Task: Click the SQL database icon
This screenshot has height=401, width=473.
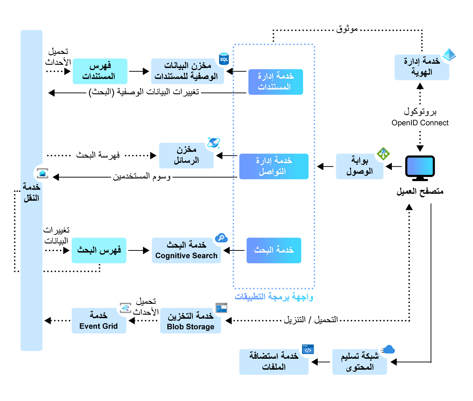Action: [x=224, y=59]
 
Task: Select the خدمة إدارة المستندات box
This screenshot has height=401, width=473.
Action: [x=275, y=82]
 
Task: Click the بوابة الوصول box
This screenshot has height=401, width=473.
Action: [x=359, y=167]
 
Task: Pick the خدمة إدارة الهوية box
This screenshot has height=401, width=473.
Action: [x=422, y=67]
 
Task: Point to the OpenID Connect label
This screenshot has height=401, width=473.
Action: [x=420, y=123]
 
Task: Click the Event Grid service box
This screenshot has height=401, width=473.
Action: [x=99, y=321]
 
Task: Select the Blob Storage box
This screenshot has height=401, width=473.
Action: [x=190, y=321]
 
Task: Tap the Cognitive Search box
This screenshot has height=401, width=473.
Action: [x=186, y=250]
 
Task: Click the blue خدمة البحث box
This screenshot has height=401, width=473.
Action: [x=274, y=250]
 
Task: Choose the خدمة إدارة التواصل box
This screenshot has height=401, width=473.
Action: [x=274, y=167]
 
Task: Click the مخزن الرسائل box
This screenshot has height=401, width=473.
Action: [x=186, y=156]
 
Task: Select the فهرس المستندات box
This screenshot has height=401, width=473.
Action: [x=100, y=71]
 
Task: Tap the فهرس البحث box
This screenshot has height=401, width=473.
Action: [x=99, y=250]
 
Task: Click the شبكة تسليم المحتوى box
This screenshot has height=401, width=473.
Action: [x=359, y=362]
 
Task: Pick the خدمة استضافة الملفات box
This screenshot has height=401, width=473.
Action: [x=274, y=362]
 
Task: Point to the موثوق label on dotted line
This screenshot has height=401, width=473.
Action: [x=347, y=29]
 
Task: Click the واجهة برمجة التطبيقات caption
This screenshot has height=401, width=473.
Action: [x=274, y=297]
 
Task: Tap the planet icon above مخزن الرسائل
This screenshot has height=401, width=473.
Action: [x=214, y=143]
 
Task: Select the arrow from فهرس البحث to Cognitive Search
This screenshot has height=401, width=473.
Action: [x=139, y=250]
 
